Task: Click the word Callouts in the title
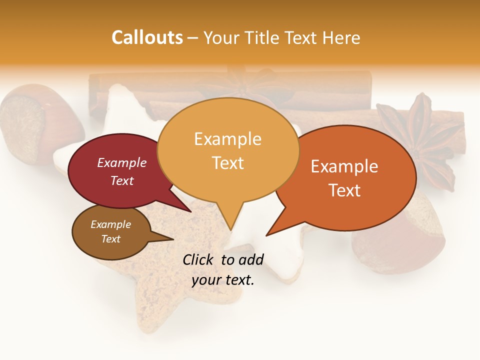(147, 37)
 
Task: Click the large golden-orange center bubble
(228, 150)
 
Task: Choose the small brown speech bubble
(111, 231)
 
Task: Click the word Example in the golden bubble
(227, 139)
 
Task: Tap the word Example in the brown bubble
(110, 224)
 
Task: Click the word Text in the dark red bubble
(122, 180)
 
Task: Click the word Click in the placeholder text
(198, 259)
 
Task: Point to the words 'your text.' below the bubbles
(223, 280)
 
